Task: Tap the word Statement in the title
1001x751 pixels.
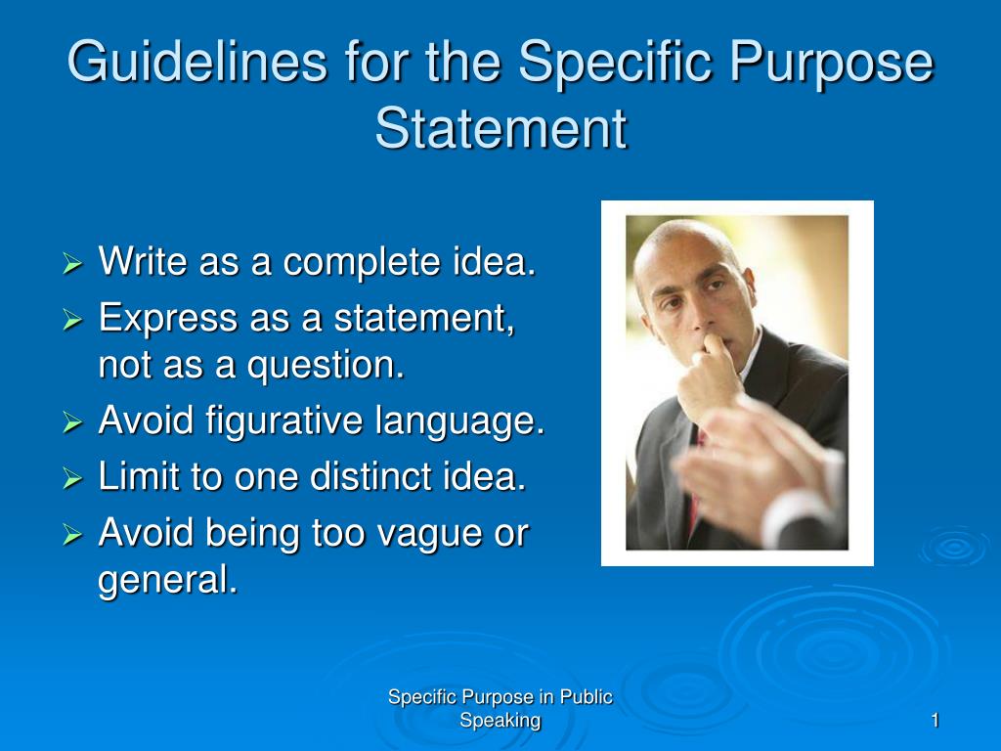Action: coord(500,128)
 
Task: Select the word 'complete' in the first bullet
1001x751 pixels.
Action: coord(350,263)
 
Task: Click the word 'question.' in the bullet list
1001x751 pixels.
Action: coord(326,366)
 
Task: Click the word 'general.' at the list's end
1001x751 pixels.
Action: coord(168,580)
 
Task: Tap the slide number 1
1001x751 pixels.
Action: coord(935,722)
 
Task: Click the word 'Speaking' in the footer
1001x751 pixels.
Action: coord(500,722)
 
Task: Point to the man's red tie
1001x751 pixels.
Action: coord(696,489)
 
